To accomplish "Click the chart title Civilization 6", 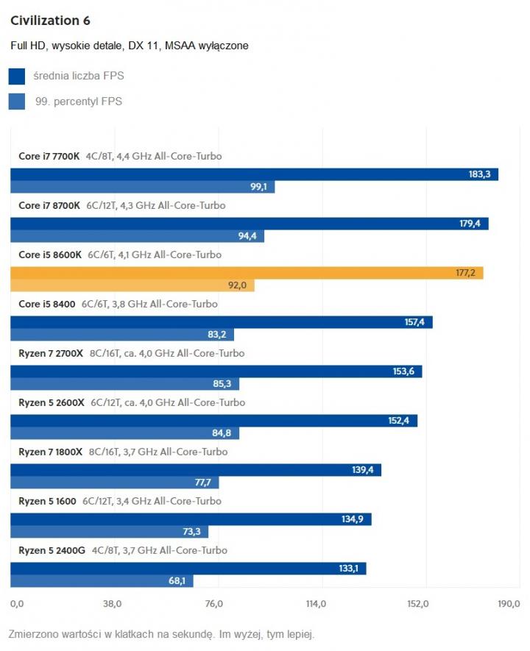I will pyautogui.click(x=50, y=20).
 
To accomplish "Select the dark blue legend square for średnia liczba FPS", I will pyautogui.click(x=16, y=77).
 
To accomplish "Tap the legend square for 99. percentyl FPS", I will pyautogui.click(x=16, y=102).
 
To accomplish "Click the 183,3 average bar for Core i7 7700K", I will pyautogui.click(x=254, y=174).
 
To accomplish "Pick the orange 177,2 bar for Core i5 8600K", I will pyautogui.click(x=247, y=273).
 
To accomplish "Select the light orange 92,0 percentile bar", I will pyautogui.click(x=132, y=285).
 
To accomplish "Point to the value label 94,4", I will pyautogui.click(x=248, y=236).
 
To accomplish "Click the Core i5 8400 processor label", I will pyautogui.click(x=47, y=304).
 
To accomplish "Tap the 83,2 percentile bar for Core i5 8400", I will pyautogui.click(x=122, y=335).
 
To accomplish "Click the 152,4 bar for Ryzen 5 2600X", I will pyautogui.click(x=213, y=421).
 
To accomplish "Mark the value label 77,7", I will pyautogui.click(x=202, y=483).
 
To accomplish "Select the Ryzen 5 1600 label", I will pyautogui.click(x=47, y=501).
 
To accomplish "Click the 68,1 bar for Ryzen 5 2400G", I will pyautogui.click(x=102, y=581).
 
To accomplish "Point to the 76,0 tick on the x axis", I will pyautogui.click(x=213, y=605).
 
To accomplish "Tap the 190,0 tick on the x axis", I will pyautogui.click(x=509, y=605).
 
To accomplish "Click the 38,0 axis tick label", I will pyautogui.click(x=112, y=605).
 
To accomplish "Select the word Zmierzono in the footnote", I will pyautogui.click(x=33, y=634).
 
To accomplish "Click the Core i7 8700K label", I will pyautogui.click(x=49, y=205).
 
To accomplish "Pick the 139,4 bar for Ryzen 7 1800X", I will pyautogui.click(x=196, y=470).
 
